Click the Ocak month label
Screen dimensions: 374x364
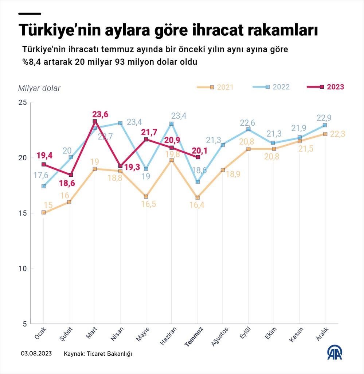tap(40, 333)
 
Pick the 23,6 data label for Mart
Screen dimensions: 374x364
tap(101, 115)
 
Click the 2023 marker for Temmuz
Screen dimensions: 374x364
tap(198, 157)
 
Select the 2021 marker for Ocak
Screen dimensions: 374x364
tap(44, 213)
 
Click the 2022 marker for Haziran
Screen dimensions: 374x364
tap(172, 124)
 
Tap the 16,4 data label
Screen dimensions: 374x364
tap(197, 205)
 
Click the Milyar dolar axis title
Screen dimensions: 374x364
tap(39, 88)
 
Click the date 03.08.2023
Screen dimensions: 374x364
tap(36, 354)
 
